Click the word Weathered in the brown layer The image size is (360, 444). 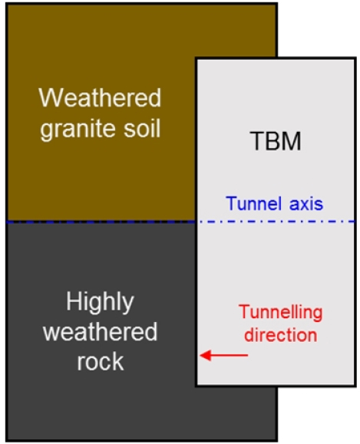click(x=100, y=97)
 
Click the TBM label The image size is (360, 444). click(x=276, y=141)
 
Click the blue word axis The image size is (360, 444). click(x=306, y=203)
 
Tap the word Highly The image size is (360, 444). click(x=100, y=302)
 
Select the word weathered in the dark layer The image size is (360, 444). click(x=100, y=331)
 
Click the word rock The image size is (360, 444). click(x=101, y=362)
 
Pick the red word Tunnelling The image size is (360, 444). click(x=281, y=313)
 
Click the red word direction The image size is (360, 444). click(x=281, y=334)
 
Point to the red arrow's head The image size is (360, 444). click(x=200, y=355)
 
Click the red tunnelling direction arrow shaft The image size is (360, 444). click(x=224, y=355)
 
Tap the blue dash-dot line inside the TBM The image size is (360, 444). click(x=276, y=222)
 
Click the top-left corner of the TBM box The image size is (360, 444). click(x=196, y=58)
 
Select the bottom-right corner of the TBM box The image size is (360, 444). click(x=355, y=386)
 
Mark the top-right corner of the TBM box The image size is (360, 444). click(x=355, y=58)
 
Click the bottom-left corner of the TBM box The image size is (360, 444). click(x=196, y=386)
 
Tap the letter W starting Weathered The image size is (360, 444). click(x=49, y=97)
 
